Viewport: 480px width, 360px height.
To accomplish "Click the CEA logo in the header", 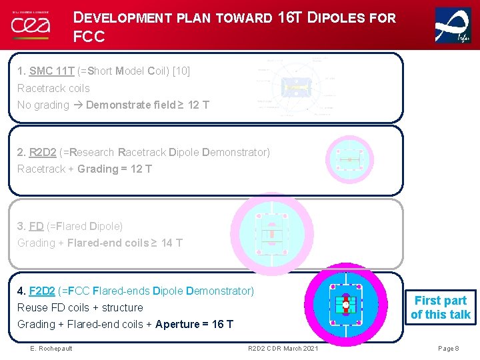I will click(31, 25).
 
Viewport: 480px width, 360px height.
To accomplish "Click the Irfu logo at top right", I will click(453, 25).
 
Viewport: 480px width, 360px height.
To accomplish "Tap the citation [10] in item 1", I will click(181, 71).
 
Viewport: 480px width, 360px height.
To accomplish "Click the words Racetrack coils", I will click(53, 88).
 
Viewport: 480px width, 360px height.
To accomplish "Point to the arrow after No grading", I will click(77, 105).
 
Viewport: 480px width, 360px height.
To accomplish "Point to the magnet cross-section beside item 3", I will click(271, 234).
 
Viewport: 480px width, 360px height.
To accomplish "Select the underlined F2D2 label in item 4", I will click(43, 291).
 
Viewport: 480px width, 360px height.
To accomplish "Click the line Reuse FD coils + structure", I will click(80, 307).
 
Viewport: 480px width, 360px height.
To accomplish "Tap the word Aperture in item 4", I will click(177, 324).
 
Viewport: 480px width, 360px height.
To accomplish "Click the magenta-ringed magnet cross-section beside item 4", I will click(345, 306).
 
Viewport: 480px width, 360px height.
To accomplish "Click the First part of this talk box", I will click(441, 307).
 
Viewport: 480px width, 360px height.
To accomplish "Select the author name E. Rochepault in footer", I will click(51, 349).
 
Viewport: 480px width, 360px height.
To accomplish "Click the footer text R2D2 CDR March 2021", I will click(283, 349).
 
